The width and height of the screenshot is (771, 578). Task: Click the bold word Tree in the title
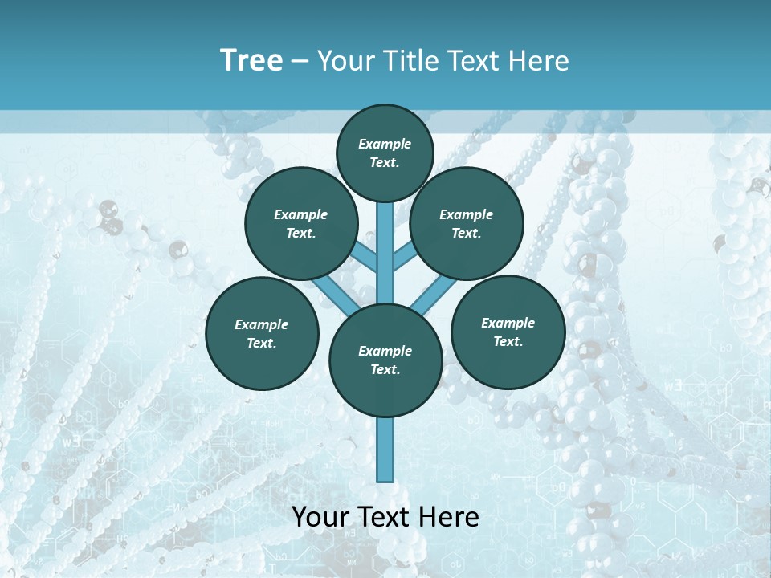click(x=251, y=61)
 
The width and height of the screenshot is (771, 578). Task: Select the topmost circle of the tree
click(x=385, y=153)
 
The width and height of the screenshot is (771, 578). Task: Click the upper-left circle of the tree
click(x=301, y=223)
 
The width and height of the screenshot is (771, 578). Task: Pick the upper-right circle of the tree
click(x=467, y=223)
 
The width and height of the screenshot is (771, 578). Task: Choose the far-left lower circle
click(x=262, y=333)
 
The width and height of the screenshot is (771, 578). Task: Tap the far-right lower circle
click(x=508, y=332)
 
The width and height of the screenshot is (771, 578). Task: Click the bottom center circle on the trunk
click(x=385, y=360)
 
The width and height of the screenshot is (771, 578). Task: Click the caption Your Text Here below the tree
click(x=385, y=517)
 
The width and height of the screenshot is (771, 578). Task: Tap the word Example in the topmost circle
click(x=385, y=144)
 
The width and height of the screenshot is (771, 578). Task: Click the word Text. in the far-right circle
click(x=508, y=341)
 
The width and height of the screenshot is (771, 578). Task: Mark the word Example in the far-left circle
click(x=262, y=324)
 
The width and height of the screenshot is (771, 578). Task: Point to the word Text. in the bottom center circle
click(x=385, y=369)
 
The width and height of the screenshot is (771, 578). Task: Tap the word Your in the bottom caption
click(x=320, y=517)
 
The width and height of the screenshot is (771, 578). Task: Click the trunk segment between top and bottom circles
click(x=385, y=249)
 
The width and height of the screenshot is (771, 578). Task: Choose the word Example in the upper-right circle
click(x=467, y=214)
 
